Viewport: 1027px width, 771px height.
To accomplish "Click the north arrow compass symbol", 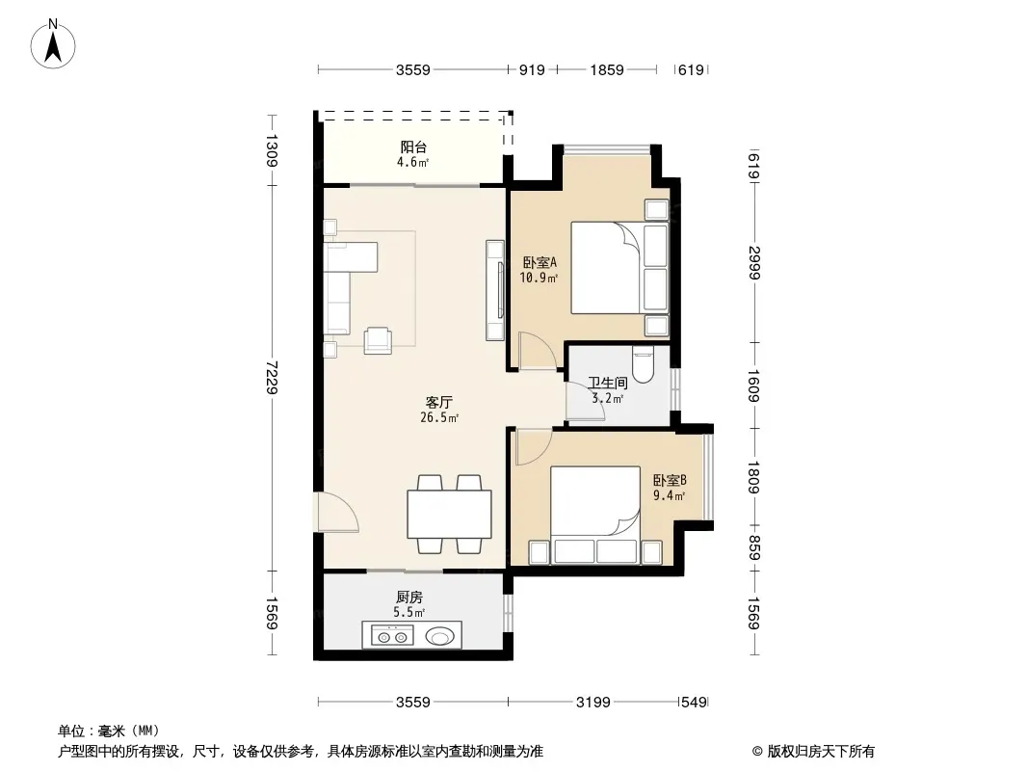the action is point(53,43).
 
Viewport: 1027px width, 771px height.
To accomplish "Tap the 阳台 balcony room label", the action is point(413,146).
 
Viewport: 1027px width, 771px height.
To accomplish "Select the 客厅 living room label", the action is point(438,402).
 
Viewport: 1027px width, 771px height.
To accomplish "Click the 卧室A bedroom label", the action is point(540,263).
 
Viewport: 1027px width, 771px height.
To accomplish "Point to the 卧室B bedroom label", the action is point(670,480).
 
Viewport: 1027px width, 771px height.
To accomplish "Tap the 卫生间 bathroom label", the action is point(608,383).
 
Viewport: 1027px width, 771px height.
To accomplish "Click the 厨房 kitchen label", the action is point(409,597).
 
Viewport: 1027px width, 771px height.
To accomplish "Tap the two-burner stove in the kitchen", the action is point(392,635).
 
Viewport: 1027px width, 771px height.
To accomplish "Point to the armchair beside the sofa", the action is point(378,340).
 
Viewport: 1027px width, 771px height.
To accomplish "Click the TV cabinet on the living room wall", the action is point(495,290).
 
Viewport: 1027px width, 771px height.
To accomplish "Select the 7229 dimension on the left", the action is point(272,378).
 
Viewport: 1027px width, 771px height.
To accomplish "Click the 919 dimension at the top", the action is point(532,69).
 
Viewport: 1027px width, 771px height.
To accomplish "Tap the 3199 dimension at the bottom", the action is point(592,703).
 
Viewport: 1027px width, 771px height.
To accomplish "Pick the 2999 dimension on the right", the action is point(754,263).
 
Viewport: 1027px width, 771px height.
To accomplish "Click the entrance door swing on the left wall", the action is point(337,513).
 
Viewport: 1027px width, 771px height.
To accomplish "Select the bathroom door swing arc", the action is point(582,401).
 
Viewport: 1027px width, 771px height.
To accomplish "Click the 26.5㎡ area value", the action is point(438,418).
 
